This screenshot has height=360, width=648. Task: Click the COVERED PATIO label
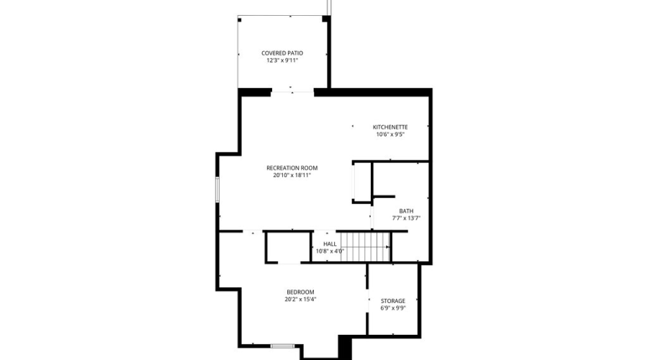[x=282, y=53]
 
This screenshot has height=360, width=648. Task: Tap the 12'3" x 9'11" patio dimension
[x=282, y=61]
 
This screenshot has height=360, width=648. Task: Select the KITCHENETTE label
[x=390, y=127]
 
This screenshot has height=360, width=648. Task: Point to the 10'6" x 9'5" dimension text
[x=390, y=135]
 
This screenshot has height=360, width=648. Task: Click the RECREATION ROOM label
[x=292, y=168]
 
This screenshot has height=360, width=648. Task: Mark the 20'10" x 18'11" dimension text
[x=292, y=176]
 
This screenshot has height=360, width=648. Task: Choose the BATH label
[x=406, y=211]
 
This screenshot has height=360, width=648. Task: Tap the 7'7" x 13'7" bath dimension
[x=406, y=218]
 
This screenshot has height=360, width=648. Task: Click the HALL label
[x=330, y=244]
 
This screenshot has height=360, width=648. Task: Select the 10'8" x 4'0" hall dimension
[x=330, y=251]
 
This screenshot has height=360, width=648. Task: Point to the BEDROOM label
[x=300, y=292]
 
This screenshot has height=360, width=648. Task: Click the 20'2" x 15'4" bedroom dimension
[x=300, y=300]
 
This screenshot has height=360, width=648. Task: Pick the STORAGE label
[x=393, y=301]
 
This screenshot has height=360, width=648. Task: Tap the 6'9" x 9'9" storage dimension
[x=393, y=308]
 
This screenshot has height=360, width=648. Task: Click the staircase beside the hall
[x=364, y=247]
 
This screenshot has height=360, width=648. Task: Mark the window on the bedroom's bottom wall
[x=283, y=346]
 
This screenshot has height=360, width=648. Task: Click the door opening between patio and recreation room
[x=292, y=91]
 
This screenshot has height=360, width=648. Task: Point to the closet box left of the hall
[x=287, y=246]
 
